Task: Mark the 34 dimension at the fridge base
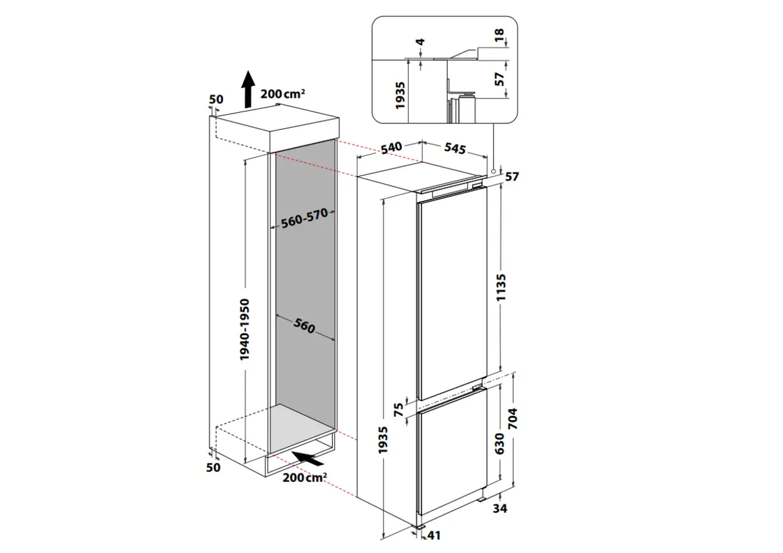click(501, 509)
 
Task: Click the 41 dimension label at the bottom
click(433, 536)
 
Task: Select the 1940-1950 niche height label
click(244, 330)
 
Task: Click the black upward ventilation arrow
click(247, 89)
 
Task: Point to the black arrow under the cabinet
click(307, 459)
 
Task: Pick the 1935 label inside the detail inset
click(401, 95)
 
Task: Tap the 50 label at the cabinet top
click(216, 100)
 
